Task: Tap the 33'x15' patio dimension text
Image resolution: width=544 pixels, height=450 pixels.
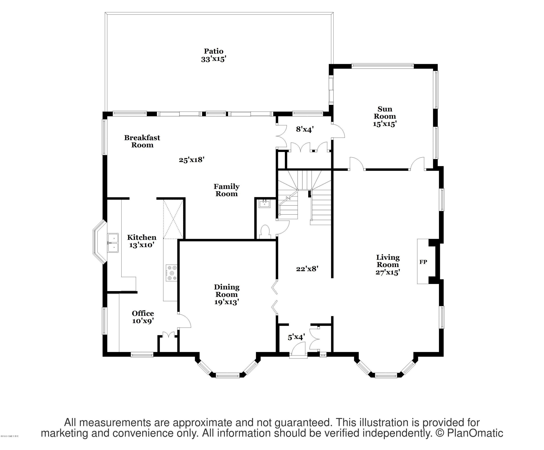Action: tap(213, 59)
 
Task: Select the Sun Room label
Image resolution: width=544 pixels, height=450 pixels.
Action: tap(384, 112)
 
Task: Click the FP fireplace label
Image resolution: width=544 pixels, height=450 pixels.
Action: tap(423, 262)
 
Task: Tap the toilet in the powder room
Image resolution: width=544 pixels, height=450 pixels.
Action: tap(265, 232)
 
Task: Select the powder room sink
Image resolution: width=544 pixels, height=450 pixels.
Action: tap(264, 204)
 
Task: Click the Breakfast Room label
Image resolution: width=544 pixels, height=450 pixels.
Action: tap(142, 141)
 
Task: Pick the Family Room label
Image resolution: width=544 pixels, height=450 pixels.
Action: tap(226, 190)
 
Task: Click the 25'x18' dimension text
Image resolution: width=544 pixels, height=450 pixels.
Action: tap(192, 160)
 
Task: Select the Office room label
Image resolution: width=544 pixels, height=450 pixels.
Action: tap(143, 313)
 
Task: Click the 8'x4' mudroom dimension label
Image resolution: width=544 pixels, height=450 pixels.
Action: tap(305, 129)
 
